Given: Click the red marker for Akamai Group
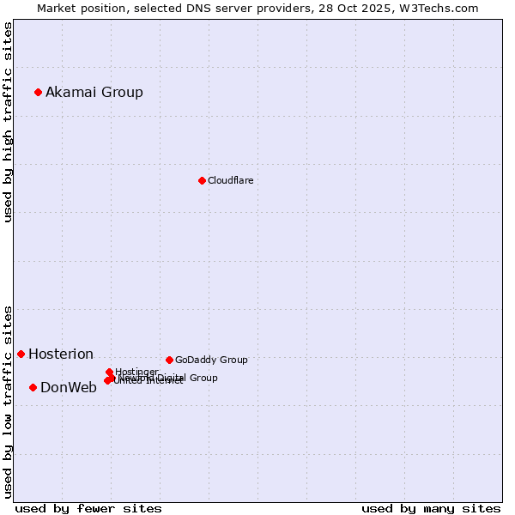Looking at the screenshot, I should pos(38,92).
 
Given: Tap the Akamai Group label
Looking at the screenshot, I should pos(94,92).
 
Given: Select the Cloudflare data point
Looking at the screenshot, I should pos(202,180).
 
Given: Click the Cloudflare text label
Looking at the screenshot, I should pos(230,180).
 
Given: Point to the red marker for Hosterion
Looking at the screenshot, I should pos(21,354).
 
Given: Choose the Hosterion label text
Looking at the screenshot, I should pos(61,354).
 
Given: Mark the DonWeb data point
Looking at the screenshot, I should pos(33,387).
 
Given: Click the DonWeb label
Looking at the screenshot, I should pos(69,387).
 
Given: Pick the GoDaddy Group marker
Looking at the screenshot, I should pos(169,360).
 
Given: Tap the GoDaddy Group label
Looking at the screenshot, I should pos(211,360).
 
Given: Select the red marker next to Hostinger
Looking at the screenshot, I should pos(109,372).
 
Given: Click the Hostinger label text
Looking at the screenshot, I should pos(136,372).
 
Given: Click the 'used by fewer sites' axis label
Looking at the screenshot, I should pos(88,508).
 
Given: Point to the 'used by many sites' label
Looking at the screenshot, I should pos(431,508).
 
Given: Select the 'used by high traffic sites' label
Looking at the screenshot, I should pos(9,122).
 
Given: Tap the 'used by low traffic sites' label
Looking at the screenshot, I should pos(9,402).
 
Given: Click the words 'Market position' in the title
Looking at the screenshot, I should pos(78,8).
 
